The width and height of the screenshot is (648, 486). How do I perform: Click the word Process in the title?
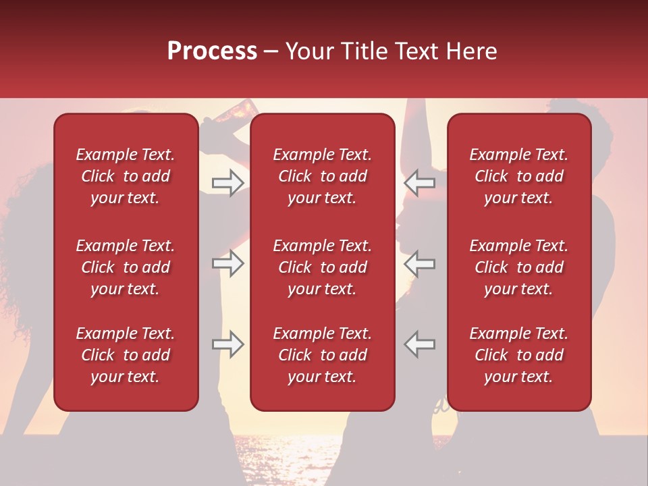[x=212, y=51]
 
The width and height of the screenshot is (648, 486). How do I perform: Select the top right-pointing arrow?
[x=227, y=183]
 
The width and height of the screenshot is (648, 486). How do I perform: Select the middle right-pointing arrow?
[x=227, y=263]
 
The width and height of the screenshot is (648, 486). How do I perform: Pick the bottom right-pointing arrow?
[x=227, y=344]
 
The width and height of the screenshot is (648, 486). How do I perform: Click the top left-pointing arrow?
[x=419, y=183]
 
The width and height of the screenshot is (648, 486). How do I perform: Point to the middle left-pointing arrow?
[x=419, y=263]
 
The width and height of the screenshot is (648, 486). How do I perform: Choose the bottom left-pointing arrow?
[x=419, y=344]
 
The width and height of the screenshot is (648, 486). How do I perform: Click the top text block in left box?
[x=126, y=176]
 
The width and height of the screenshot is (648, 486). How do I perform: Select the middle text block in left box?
[x=126, y=267]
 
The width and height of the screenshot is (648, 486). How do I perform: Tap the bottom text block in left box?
[x=126, y=355]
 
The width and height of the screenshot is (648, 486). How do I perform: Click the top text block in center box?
[x=322, y=176]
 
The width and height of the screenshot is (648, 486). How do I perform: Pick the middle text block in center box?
[x=322, y=267]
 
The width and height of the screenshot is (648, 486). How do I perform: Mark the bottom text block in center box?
[x=322, y=355]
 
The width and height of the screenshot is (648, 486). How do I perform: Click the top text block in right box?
[x=518, y=176]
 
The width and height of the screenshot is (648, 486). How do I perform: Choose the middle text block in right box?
[x=518, y=267]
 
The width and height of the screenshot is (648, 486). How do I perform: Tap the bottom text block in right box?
[x=518, y=355]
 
